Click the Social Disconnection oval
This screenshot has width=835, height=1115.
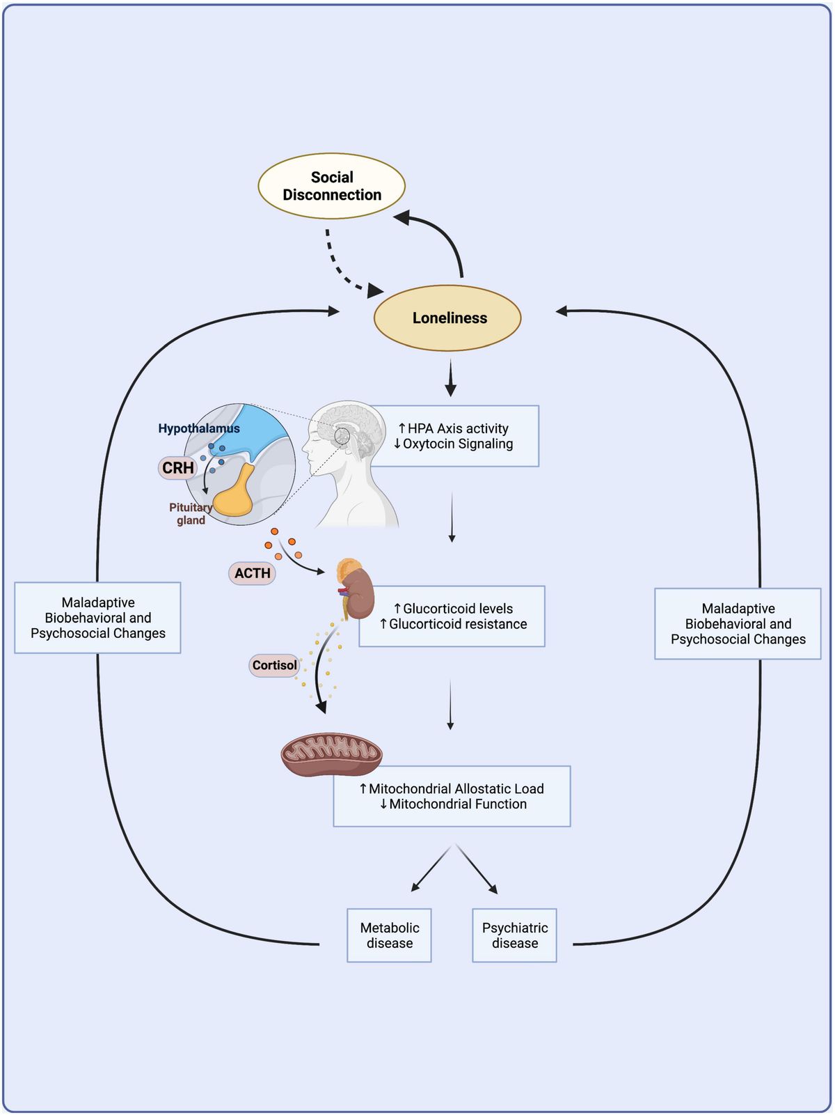332,187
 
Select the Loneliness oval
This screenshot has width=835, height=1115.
447,318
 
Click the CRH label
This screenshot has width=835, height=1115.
178,468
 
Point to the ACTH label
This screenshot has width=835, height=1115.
252,573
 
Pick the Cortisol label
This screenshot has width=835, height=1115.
274,665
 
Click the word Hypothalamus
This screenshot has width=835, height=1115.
198,428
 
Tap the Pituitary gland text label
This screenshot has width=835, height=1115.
190,514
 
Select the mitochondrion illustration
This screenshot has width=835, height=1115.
332,754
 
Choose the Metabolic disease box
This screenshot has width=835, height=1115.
390,935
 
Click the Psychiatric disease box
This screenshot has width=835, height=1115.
515,935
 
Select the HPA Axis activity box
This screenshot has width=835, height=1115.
456,436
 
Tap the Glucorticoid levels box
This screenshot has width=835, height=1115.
453,616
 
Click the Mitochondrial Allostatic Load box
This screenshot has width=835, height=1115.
452,796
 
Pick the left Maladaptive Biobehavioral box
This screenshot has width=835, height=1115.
98,618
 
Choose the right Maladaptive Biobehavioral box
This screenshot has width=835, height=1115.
738,624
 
